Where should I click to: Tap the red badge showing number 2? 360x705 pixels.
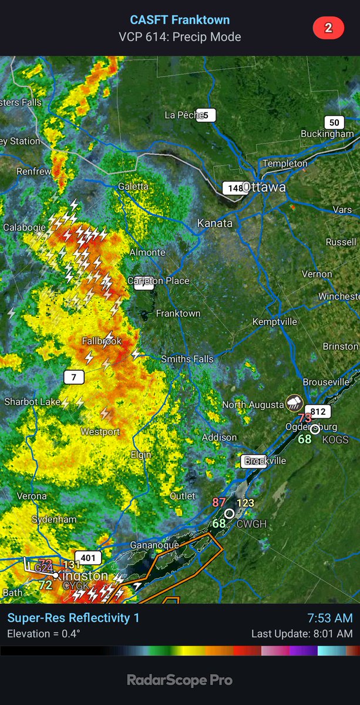(328, 28)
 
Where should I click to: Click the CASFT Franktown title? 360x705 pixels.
(180, 20)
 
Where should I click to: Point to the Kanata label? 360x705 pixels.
(215, 223)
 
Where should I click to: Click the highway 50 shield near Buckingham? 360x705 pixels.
(334, 122)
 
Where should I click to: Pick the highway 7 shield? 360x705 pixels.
(73, 377)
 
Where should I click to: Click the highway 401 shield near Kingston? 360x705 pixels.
(88, 558)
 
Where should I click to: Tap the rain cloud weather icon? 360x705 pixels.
(293, 402)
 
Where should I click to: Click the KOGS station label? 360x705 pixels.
(335, 439)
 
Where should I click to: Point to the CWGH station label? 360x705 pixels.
(252, 523)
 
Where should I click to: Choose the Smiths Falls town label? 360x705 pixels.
(187, 359)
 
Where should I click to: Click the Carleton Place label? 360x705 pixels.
(159, 281)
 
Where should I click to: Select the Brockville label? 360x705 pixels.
(265, 461)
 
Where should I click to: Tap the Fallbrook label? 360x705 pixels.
(102, 341)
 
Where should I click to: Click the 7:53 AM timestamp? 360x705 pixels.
(330, 618)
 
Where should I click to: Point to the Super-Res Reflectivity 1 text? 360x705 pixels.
(73, 618)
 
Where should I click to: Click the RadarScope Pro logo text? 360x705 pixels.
(180, 680)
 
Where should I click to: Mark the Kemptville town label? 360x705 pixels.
(274, 322)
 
